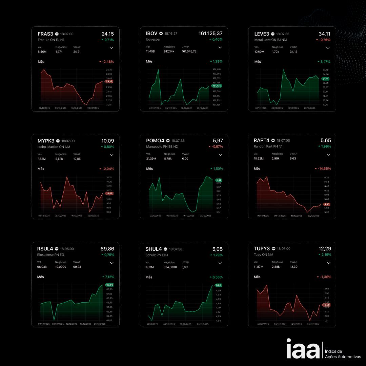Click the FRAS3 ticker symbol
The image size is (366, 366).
(x=45, y=34)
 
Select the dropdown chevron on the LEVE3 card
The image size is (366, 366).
(x=328, y=48)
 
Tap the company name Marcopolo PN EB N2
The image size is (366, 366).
(x=162, y=147)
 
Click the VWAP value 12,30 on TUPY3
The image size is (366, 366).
(x=293, y=267)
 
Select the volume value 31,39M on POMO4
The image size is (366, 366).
(x=151, y=159)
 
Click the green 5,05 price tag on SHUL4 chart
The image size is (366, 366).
(x=218, y=285)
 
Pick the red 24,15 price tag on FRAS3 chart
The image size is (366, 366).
(x=109, y=81)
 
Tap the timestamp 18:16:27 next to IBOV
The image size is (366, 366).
(x=171, y=34)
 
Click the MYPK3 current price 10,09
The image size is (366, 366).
(x=108, y=141)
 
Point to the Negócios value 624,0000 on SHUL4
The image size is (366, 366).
(x=170, y=267)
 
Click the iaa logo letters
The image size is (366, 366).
(x=303, y=348)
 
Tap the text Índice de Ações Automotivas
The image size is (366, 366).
(x=343, y=354)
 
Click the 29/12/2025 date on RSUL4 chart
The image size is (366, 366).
(x=99, y=324)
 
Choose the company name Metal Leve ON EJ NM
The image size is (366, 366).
(x=271, y=40)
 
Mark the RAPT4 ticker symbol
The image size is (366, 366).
(x=262, y=140)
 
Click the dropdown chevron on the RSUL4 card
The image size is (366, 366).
(x=111, y=263)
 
